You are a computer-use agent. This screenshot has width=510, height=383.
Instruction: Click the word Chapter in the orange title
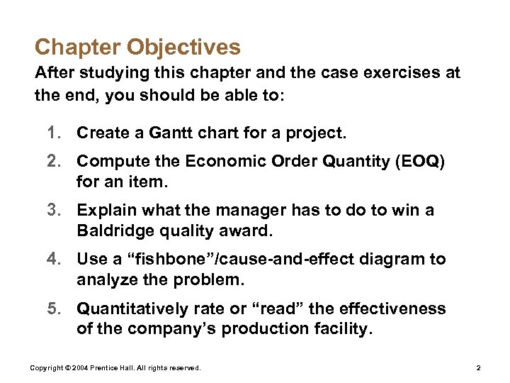tap(78, 48)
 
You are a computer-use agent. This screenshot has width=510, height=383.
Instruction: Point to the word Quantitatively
tap(131, 309)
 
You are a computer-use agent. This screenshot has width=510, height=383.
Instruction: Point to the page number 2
tap(479, 368)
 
